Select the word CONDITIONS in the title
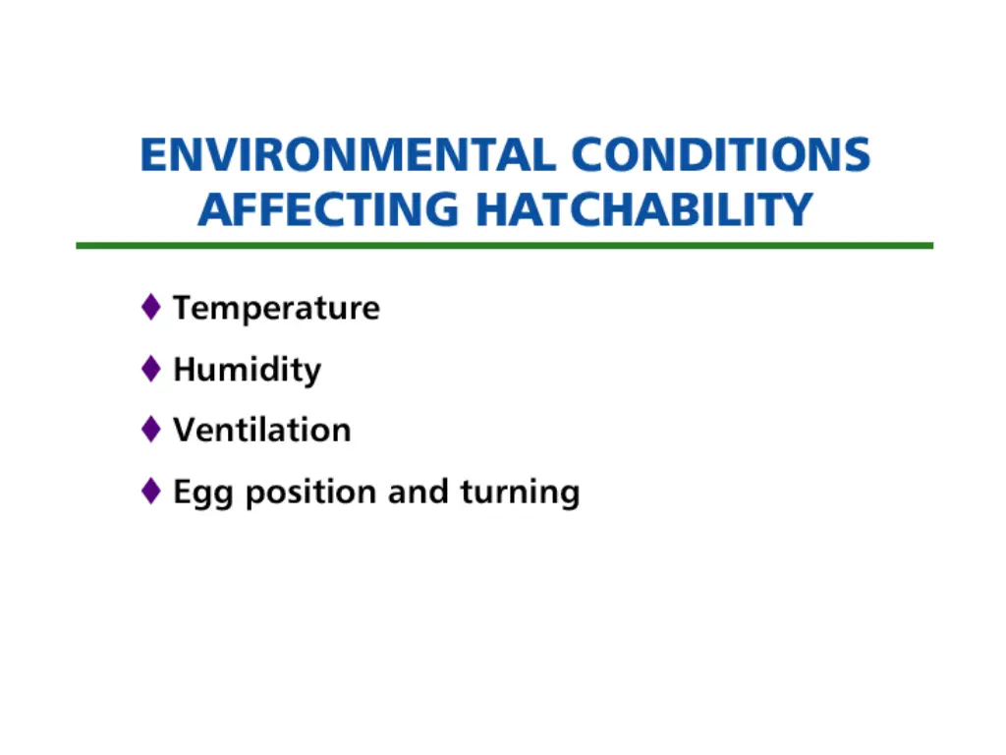click(x=721, y=156)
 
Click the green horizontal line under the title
click(x=504, y=245)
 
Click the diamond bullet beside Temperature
click(x=150, y=307)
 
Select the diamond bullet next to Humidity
click(x=150, y=369)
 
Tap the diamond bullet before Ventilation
click(x=150, y=429)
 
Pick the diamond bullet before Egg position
click(x=150, y=491)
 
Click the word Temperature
click(x=276, y=308)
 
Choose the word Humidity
click(x=247, y=370)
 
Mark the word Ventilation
click(x=261, y=430)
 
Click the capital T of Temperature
click(x=183, y=308)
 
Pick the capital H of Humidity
click(x=185, y=369)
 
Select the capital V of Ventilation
click(x=184, y=430)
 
